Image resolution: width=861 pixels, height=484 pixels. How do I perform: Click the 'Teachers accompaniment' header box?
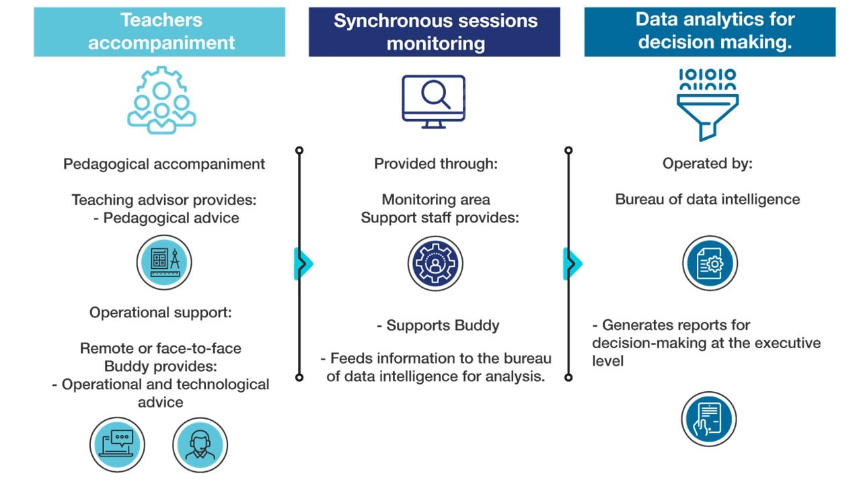pos(159,32)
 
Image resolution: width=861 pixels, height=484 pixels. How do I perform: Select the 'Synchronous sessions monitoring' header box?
pos(435,32)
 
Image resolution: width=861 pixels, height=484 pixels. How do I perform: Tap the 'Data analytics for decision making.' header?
pos(710,32)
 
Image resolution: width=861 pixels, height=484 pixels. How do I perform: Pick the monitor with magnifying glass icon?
pos(434,102)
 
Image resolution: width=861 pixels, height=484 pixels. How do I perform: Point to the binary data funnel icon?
pos(708,104)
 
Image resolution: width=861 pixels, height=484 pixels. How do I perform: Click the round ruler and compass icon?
pos(164,262)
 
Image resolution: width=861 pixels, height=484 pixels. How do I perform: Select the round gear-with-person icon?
pos(435,263)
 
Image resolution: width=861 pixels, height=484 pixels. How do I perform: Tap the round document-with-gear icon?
pos(710,263)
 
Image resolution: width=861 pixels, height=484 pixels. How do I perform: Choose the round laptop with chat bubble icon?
pos(117,445)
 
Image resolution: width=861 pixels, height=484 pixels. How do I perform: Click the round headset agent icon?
pos(200,445)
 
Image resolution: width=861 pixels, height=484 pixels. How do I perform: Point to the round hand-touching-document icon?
pos(709,419)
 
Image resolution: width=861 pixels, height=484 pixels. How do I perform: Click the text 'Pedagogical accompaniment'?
pos(164,164)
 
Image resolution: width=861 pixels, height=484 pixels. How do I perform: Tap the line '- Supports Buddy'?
pos(438,326)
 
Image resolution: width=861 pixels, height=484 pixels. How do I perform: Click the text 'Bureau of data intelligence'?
pos(708,200)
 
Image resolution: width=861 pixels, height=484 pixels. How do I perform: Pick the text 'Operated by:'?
pos(708,163)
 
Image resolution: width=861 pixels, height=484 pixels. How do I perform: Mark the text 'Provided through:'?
pos(436,163)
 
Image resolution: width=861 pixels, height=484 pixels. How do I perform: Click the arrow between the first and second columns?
pos(303,264)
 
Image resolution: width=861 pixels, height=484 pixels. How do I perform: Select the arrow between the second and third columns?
pos(572,264)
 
